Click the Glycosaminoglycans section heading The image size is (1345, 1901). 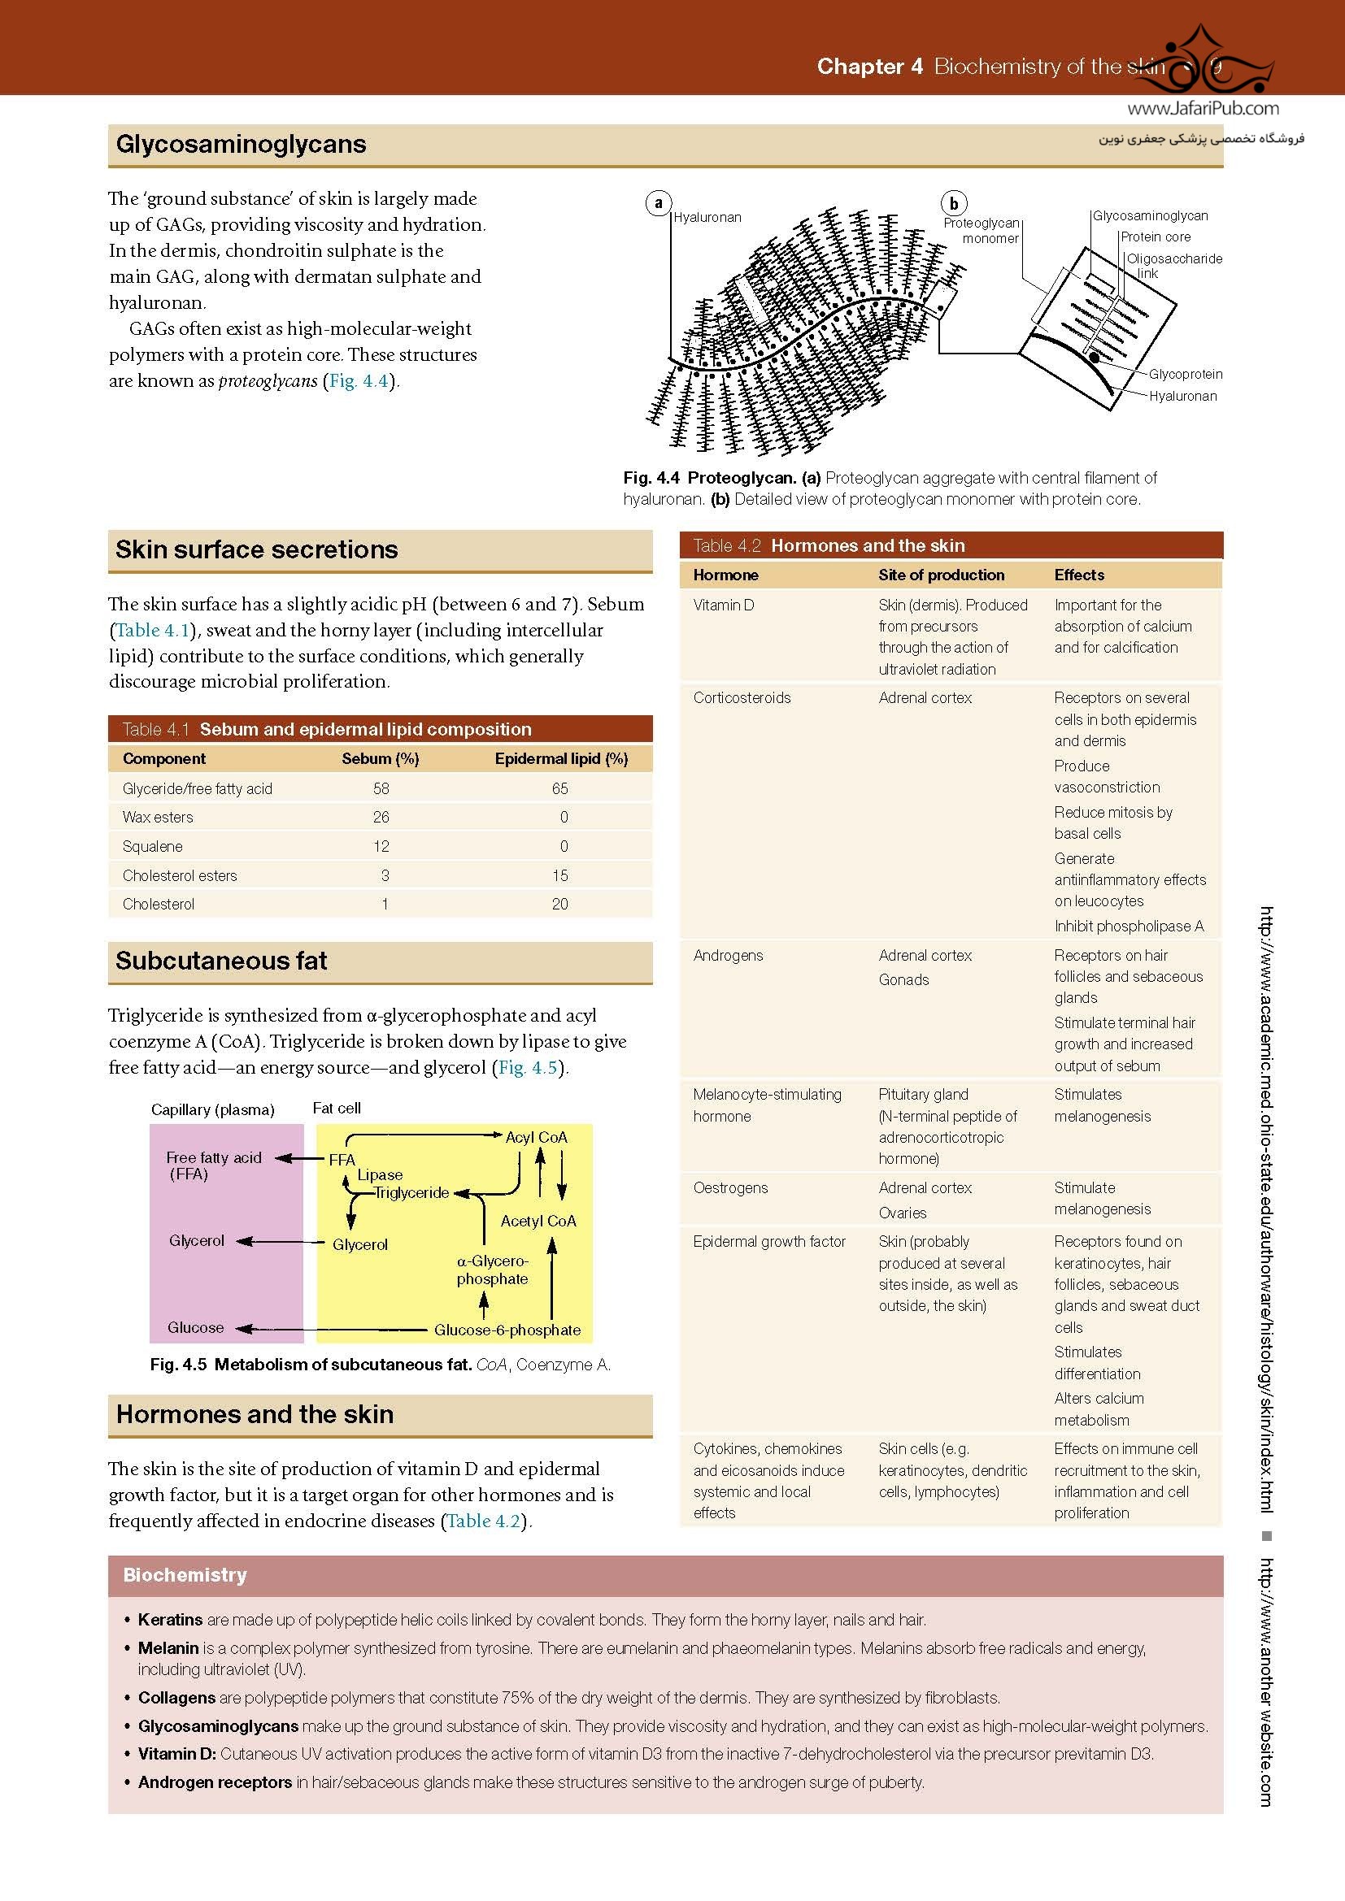(x=240, y=144)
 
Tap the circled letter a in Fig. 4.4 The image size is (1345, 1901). (x=659, y=203)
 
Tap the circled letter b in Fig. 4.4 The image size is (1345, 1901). (x=953, y=204)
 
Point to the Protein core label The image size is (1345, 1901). (x=1156, y=237)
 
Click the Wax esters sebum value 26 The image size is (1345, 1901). (x=381, y=817)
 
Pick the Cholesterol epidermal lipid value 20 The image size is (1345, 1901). (x=559, y=904)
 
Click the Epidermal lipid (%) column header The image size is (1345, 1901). (x=561, y=758)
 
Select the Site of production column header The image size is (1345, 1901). (x=941, y=575)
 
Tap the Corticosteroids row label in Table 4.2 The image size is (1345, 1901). (x=742, y=697)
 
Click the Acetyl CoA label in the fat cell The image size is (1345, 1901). (x=538, y=1221)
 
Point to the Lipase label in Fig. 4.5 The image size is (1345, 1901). (x=380, y=1174)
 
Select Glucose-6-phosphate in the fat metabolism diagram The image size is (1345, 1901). (x=507, y=1330)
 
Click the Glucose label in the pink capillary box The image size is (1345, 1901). (x=195, y=1327)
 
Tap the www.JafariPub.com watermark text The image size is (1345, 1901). (x=1203, y=108)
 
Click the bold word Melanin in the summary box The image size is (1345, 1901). (x=168, y=1647)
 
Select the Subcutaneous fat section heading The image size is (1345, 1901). (x=221, y=961)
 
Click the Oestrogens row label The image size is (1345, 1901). (x=730, y=1187)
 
